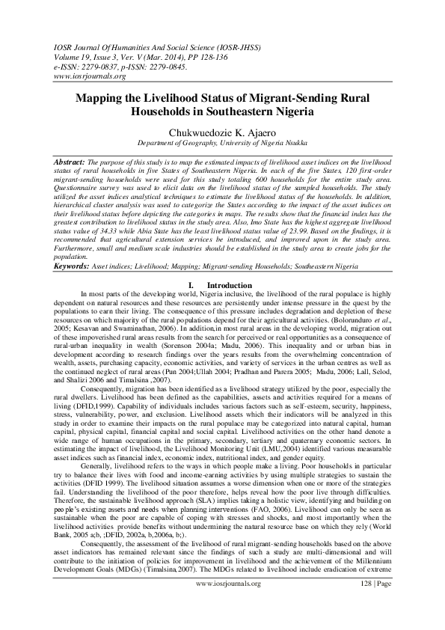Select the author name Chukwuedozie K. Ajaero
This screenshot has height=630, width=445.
pyautogui.click(x=222, y=132)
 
